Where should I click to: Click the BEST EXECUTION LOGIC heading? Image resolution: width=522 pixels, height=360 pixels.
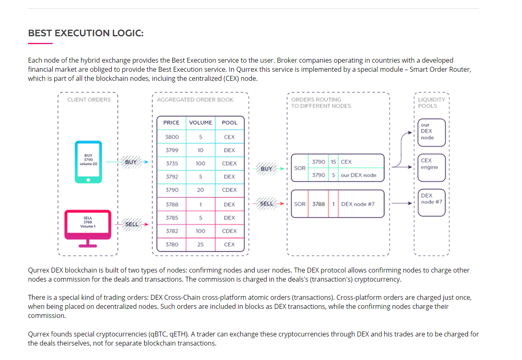click(x=86, y=33)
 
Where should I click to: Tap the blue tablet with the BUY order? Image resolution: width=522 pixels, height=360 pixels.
click(x=88, y=162)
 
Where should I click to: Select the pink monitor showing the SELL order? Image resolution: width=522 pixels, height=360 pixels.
click(x=88, y=228)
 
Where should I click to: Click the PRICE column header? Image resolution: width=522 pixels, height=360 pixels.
click(x=171, y=123)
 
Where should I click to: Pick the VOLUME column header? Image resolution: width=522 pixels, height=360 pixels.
click(x=200, y=123)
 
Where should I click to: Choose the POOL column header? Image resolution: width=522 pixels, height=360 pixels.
click(x=229, y=123)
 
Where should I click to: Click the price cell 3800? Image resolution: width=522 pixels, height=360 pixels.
click(x=172, y=137)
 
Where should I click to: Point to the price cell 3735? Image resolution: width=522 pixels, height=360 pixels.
click(x=172, y=163)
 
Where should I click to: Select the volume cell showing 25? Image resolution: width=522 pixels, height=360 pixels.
click(x=200, y=244)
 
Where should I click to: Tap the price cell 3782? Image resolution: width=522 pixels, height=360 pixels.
click(x=172, y=231)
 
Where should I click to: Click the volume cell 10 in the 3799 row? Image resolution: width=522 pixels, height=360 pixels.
click(x=200, y=150)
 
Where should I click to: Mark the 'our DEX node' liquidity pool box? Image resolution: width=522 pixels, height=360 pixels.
click(x=432, y=132)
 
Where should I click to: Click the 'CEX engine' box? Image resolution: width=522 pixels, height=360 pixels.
click(x=432, y=167)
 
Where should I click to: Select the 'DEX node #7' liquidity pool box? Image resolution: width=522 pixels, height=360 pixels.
click(x=432, y=202)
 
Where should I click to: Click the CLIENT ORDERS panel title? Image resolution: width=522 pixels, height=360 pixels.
click(x=89, y=100)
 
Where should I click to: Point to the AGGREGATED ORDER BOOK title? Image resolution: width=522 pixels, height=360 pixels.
click(x=195, y=100)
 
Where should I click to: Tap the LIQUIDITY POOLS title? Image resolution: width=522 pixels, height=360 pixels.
click(x=431, y=103)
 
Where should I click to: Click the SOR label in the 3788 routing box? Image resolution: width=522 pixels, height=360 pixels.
click(x=300, y=204)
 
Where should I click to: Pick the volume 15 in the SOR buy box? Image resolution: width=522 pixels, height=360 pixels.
click(x=333, y=162)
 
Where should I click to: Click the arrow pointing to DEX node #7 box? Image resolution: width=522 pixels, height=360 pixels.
click(x=402, y=203)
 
